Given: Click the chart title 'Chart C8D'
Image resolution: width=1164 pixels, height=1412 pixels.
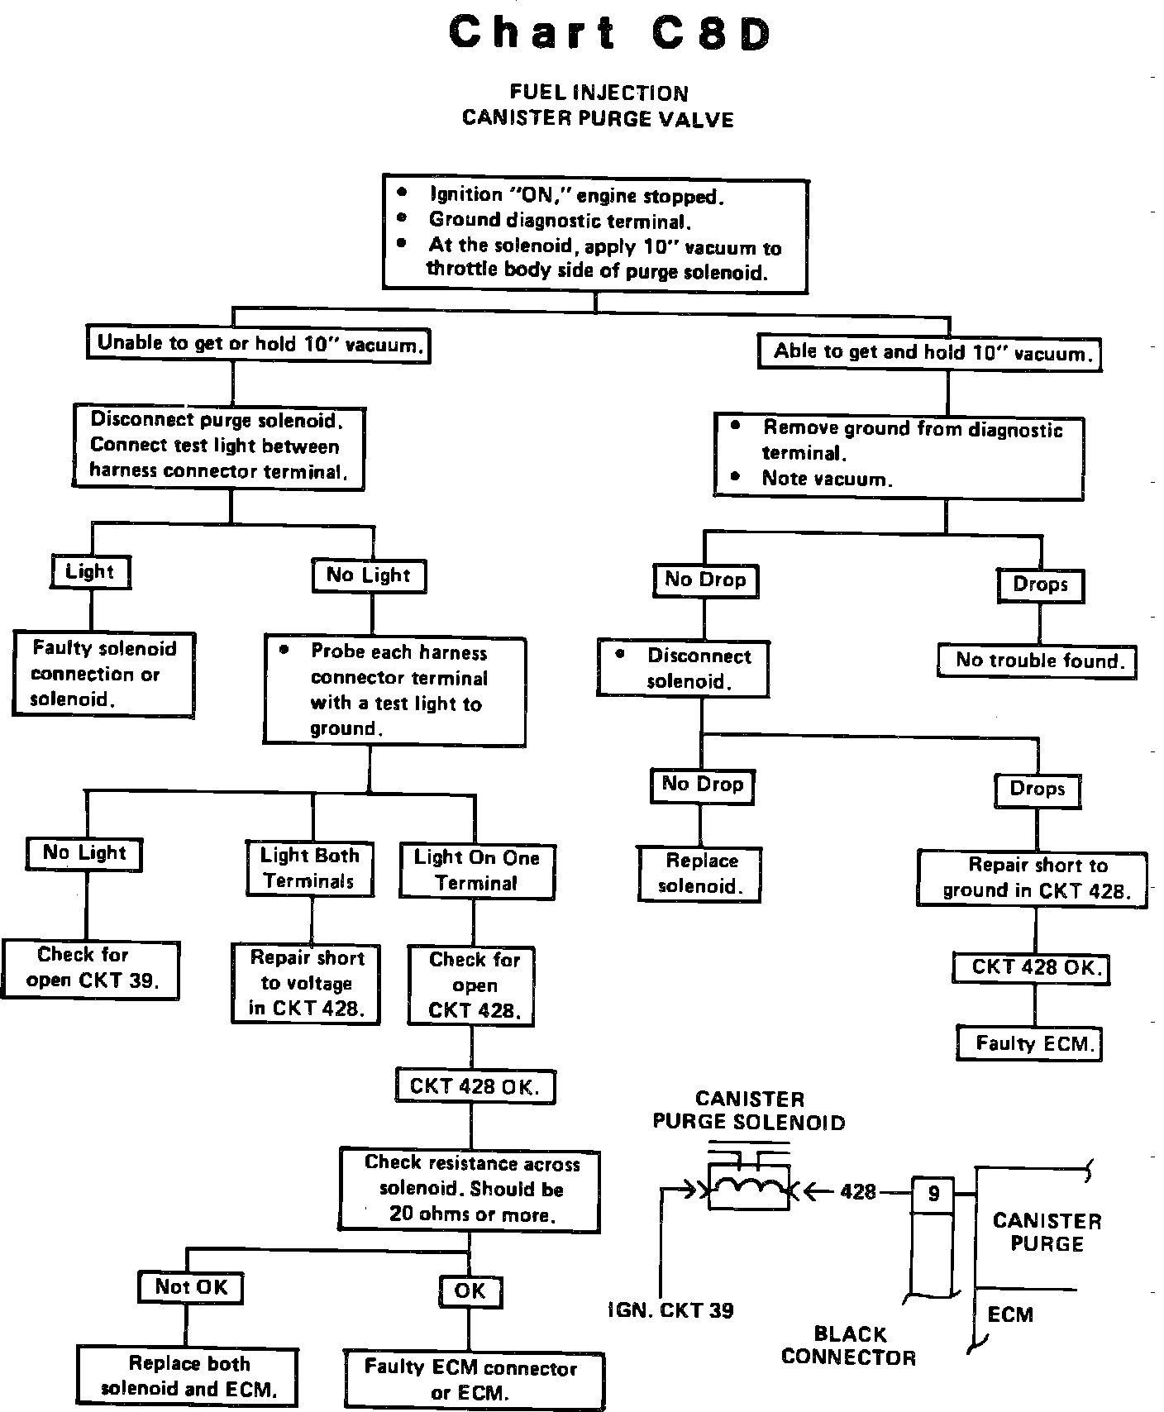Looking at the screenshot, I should (x=610, y=35).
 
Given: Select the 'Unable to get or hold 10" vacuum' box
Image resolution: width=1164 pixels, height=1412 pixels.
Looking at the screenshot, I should (x=259, y=343).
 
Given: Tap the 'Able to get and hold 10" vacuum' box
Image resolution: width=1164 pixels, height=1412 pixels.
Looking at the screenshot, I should (x=930, y=353).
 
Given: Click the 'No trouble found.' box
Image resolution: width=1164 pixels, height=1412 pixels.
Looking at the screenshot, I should (x=1038, y=661).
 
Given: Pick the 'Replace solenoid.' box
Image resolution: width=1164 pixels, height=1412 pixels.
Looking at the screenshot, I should (x=699, y=873).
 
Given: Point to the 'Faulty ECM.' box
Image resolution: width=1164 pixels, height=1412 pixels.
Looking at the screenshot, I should (x=1030, y=1043).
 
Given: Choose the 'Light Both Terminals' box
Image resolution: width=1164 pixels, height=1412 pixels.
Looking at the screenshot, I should (x=309, y=868).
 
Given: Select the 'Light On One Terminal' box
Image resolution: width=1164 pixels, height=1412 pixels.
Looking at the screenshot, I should (x=476, y=871).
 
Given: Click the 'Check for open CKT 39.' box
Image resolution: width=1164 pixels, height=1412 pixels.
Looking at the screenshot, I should (x=90, y=968).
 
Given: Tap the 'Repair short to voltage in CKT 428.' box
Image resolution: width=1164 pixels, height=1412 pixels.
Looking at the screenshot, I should (x=305, y=983).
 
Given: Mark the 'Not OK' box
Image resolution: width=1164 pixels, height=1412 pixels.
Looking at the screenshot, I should (x=191, y=1287).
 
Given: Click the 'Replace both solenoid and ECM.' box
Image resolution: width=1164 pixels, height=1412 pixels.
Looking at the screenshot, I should (x=187, y=1376).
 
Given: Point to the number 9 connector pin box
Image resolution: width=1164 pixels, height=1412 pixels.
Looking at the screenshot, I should (x=933, y=1194).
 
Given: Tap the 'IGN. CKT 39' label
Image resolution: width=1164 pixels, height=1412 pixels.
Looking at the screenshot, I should (x=670, y=1310).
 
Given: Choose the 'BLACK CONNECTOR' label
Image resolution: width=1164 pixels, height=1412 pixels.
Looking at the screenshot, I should (x=849, y=1345).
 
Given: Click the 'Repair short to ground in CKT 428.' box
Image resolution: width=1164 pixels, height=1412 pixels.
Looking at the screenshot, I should (x=1033, y=878).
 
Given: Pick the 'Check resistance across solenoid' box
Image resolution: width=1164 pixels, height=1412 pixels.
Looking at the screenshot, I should (x=470, y=1189).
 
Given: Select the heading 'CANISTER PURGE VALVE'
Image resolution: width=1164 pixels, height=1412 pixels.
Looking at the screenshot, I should (x=598, y=119).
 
